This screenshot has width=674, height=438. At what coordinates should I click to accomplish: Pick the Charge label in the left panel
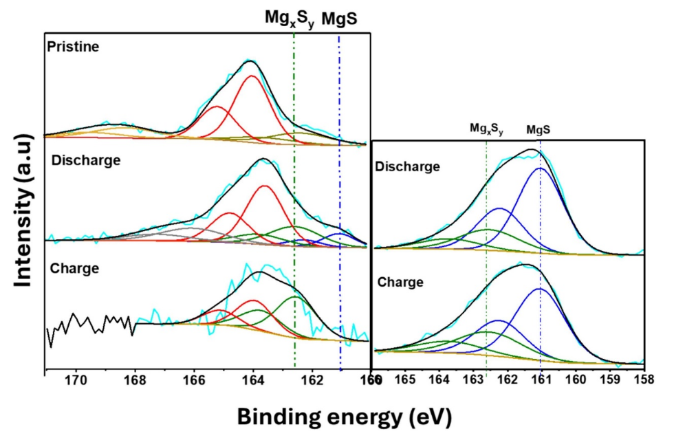click(x=74, y=268)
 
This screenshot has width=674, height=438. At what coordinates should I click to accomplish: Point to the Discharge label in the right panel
click(x=405, y=166)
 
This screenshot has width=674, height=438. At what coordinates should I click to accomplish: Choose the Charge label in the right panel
click(x=400, y=282)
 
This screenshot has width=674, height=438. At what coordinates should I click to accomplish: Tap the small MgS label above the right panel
click(x=540, y=129)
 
